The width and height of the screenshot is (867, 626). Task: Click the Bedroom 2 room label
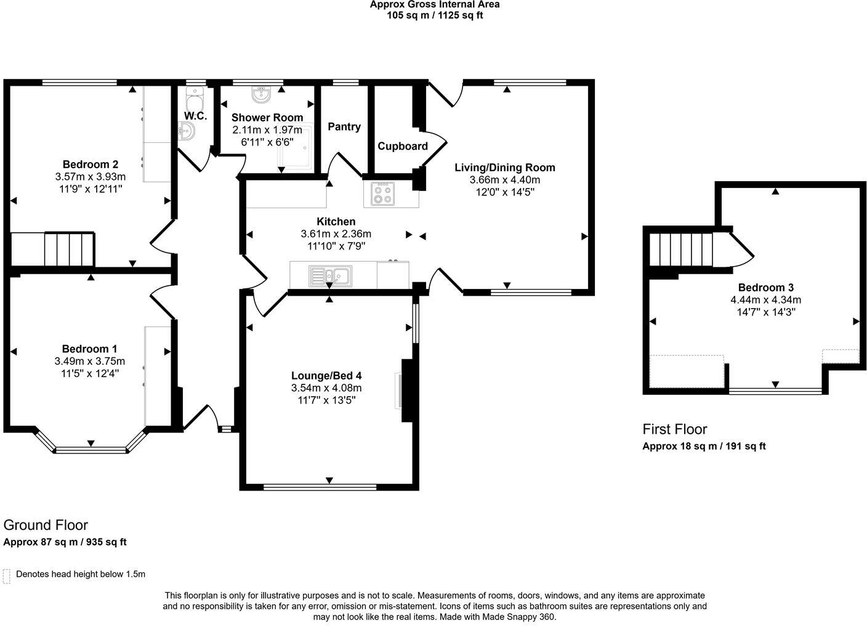pyautogui.click(x=90, y=165)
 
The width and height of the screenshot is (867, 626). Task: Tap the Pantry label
pyautogui.click(x=344, y=127)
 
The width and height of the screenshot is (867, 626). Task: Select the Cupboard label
pyautogui.click(x=402, y=147)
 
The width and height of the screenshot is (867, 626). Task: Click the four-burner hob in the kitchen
pyautogui.click(x=382, y=194)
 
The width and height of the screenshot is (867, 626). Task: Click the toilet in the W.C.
pyautogui.click(x=195, y=100)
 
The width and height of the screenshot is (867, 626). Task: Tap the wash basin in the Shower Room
pyautogui.click(x=262, y=95)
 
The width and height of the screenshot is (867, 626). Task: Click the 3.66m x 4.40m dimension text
pyautogui.click(x=504, y=180)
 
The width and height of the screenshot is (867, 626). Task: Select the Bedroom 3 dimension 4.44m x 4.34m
pyautogui.click(x=765, y=300)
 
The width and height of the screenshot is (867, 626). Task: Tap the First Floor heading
pyautogui.click(x=674, y=429)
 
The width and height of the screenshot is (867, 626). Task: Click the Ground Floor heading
pyautogui.click(x=46, y=525)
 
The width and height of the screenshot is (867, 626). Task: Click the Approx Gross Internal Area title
pyautogui.click(x=434, y=5)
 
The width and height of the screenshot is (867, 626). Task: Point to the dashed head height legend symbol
pyautogui.click(x=7, y=575)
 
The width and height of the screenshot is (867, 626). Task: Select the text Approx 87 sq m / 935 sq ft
pyautogui.click(x=65, y=542)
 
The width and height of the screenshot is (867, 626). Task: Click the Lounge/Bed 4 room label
pyautogui.click(x=326, y=376)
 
